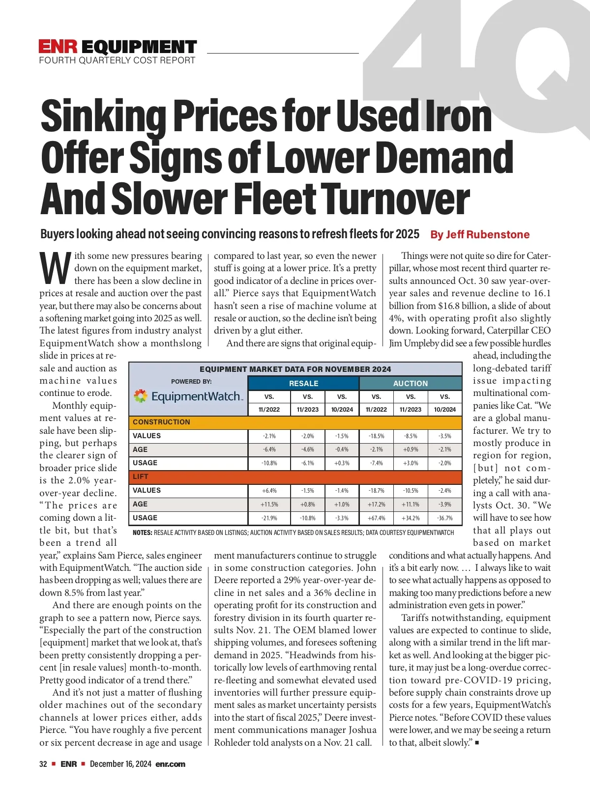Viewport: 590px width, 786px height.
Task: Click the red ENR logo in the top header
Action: pyautogui.click(x=58, y=47)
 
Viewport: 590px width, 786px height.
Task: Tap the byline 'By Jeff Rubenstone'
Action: pyautogui.click(x=480, y=234)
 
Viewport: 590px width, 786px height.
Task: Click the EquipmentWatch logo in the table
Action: pyautogui.click(x=188, y=396)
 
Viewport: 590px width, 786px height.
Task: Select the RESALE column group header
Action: pyautogui.click(x=303, y=383)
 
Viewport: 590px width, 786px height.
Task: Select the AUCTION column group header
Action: pyautogui.click(x=411, y=383)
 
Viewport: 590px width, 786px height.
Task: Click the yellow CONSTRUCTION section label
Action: pyautogui.click(x=161, y=422)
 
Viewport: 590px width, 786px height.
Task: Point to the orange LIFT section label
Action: pyautogui.click(x=141, y=477)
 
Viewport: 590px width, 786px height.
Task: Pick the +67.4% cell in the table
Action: pyautogui.click(x=376, y=518)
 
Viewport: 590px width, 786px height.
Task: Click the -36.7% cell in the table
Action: pyautogui.click(x=444, y=518)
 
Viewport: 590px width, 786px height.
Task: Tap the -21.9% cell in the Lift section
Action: pyautogui.click(x=269, y=518)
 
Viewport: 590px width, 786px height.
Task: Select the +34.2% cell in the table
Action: pyautogui.click(x=411, y=518)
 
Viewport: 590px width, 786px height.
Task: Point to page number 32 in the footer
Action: pyautogui.click(x=43, y=764)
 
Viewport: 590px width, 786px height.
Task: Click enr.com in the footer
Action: pyautogui.click(x=170, y=764)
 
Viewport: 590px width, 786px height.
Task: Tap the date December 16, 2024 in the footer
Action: pyautogui.click(x=120, y=764)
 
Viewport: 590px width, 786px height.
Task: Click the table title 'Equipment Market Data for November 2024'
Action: pyautogui.click(x=295, y=369)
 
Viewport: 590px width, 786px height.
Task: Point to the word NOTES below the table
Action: pyautogui.click(x=142, y=533)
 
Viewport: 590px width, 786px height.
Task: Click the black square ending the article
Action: pyautogui.click(x=477, y=743)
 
